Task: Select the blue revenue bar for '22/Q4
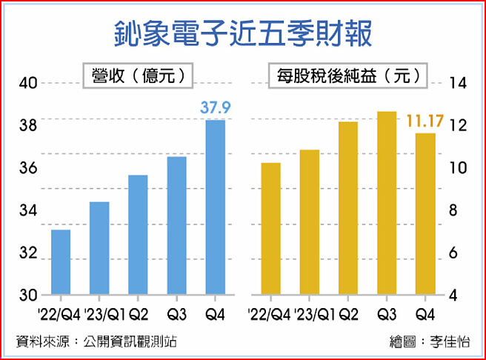pos(61,261)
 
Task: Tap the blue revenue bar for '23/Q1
pos(99,247)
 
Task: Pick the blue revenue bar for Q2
pos(138,234)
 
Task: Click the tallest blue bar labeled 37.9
pos(215,207)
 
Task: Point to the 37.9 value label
pos(216,109)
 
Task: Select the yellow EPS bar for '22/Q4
pos(271,228)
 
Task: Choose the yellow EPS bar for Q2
pos(348,207)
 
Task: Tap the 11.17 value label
pos(425,120)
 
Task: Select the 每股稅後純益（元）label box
pos(347,75)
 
